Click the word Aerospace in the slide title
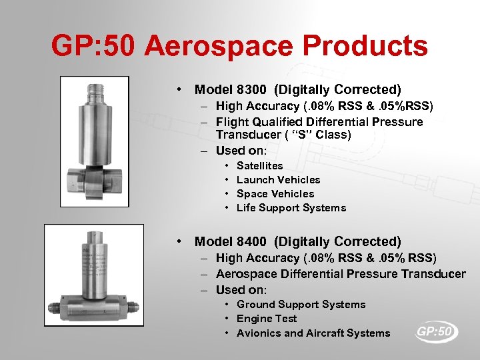[x=218, y=47]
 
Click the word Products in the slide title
[x=366, y=47]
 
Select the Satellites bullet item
[x=259, y=165]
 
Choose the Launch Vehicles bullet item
[x=278, y=179]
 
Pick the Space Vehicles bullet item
[x=275, y=193]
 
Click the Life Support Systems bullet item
[x=291, y=207]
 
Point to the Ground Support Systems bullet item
[x=301, y=304]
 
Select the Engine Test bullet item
[x=267, y=318]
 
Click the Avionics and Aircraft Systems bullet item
[x=313, y=333]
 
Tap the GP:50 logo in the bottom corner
[x=436, y=331]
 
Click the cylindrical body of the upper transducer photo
[x=95, y=130]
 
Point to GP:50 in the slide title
[x=93, y=47]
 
